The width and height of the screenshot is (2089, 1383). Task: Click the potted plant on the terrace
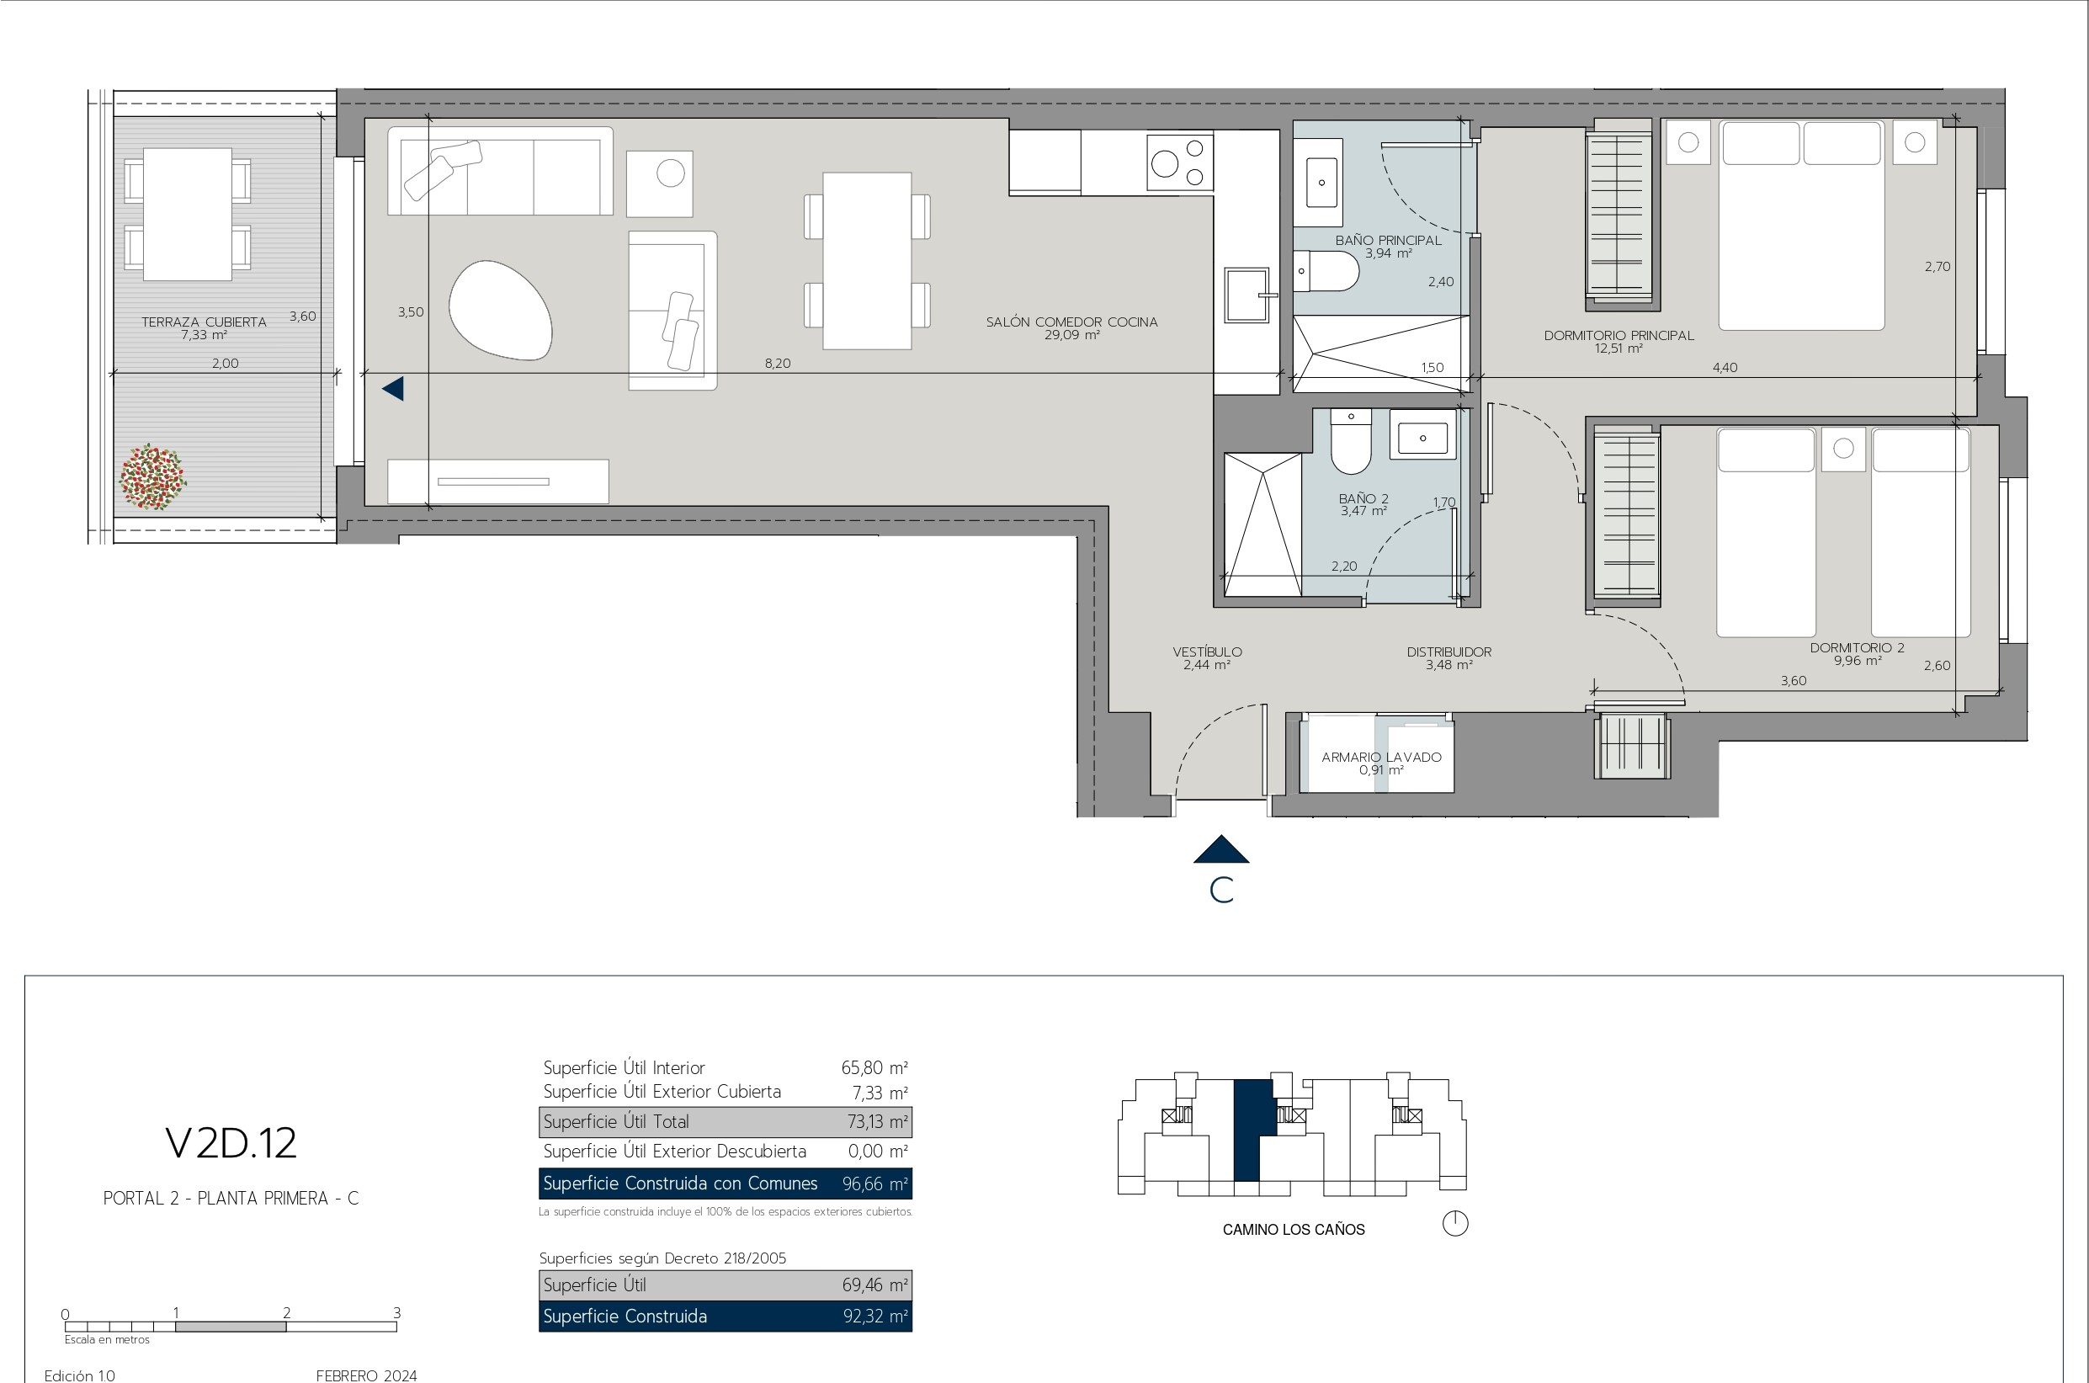point(152,477)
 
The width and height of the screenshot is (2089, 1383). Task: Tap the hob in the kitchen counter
point(1180,162)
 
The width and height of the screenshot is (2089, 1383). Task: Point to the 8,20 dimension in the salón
point(777,364)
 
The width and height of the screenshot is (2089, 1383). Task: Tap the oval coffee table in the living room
point(500,310)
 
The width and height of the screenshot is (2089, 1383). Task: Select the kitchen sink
point(1246,295)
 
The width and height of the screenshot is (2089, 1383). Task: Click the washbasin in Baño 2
point(1422,436)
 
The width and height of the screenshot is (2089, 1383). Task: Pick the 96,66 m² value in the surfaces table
point(874,1184)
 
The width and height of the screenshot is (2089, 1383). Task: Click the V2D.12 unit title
point(231,1143)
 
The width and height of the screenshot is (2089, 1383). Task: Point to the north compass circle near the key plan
point(1455,1223)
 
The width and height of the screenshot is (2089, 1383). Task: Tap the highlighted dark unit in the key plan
point(1251,1130)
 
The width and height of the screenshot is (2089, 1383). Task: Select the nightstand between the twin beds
point(1843,449)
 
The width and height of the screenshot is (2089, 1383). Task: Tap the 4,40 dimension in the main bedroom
point(1725,368)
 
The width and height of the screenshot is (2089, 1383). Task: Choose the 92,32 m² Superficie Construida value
point(874,1317)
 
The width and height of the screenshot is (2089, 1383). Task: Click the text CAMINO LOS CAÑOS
point(1294,1230)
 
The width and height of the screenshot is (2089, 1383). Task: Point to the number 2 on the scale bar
point(287,1312)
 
